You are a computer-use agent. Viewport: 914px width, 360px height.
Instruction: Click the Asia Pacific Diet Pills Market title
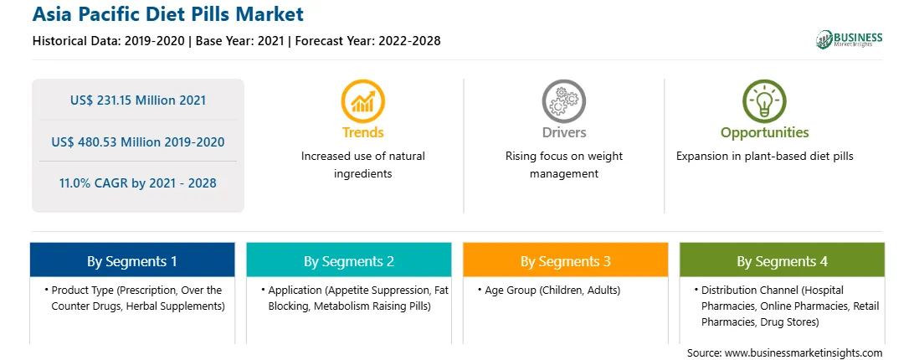(x=168, y=14)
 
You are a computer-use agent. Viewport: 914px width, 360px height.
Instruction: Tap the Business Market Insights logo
(x=849, y=39)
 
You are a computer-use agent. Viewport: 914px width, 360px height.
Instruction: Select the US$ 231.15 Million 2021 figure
(x=138, y=100)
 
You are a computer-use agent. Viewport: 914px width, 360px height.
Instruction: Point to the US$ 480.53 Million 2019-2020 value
(x=138, y=141)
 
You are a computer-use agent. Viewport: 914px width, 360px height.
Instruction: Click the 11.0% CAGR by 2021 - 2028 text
(x=138, y=183)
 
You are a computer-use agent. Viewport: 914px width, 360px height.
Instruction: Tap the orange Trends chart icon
(x=363, y=101)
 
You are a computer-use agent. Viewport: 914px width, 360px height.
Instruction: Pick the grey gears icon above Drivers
(x=563, y=101)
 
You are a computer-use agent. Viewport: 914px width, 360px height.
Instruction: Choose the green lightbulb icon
(x=764, y=101)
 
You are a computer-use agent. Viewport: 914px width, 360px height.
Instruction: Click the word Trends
(x=363, y=132)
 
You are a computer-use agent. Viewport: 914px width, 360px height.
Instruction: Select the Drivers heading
(x=563, y=132)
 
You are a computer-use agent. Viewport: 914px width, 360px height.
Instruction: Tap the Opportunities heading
(x=764, y=133)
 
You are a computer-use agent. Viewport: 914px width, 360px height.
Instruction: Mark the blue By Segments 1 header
(x=132, y=260)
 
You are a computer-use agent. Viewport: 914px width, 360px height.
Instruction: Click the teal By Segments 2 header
(x=348, y=260)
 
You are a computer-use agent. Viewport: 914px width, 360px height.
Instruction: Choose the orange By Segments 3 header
(x=566, y=260)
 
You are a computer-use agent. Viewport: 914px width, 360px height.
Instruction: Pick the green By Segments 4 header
(x=783, y=260)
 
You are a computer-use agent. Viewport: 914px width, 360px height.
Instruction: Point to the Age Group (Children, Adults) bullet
(x=549, y=290)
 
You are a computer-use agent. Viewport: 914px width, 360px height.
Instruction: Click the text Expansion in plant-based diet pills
(x=765, y=157)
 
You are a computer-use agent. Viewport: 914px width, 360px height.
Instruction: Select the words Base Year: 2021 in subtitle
(x=240, y=41)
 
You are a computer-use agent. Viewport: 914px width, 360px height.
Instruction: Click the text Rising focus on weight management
(x=563, y=165)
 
